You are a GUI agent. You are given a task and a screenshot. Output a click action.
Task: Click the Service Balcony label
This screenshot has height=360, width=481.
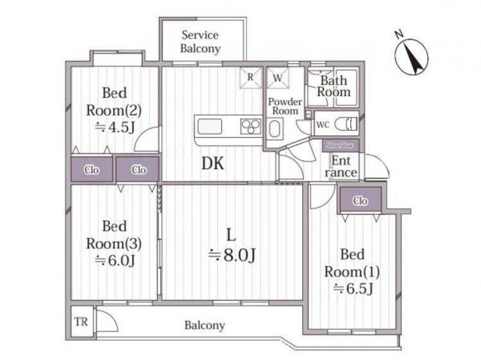[x=200, y=42]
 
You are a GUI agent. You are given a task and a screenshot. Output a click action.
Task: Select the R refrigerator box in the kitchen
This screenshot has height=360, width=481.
[x=251, y=78]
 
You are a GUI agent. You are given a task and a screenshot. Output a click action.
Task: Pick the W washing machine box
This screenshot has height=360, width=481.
[x=278, y=78]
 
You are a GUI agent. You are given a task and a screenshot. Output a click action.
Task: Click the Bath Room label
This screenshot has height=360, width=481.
[x=333, y=86]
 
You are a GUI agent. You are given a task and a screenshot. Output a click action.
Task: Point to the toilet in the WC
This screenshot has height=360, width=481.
[x=346, y=124]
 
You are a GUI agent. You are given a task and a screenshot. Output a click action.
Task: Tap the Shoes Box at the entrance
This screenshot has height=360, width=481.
[x=340, y=146]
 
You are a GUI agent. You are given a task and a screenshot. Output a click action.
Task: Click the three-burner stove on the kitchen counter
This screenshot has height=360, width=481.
[x=251, y=126]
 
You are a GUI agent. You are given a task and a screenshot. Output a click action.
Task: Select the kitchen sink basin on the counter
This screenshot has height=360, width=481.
[x=210, y=126]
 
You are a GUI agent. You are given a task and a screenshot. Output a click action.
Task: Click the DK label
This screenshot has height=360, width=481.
[x=212, y=164]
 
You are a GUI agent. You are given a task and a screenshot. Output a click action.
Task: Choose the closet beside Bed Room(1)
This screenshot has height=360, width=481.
[x=360, y=200]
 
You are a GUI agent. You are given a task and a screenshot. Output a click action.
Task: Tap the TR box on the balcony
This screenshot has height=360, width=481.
[x=81, y=322]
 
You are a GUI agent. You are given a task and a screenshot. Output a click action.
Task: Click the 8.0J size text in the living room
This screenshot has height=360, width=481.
[x=232, y=255]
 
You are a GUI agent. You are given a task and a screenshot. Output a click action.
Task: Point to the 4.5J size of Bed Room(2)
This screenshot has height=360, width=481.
[x=114, y=127]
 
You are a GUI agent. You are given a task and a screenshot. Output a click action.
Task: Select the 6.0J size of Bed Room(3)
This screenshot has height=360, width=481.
[x=114, y=261]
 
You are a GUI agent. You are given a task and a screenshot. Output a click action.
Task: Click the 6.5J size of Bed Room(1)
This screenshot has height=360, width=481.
[x=353, y=289]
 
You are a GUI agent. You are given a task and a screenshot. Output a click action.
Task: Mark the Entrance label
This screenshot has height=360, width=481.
[x=341, y=167]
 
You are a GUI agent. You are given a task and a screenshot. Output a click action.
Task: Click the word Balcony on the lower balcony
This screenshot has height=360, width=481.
[x=205, y=325]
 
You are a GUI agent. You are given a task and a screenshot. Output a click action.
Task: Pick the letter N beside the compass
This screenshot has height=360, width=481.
[x=399, y=35]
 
